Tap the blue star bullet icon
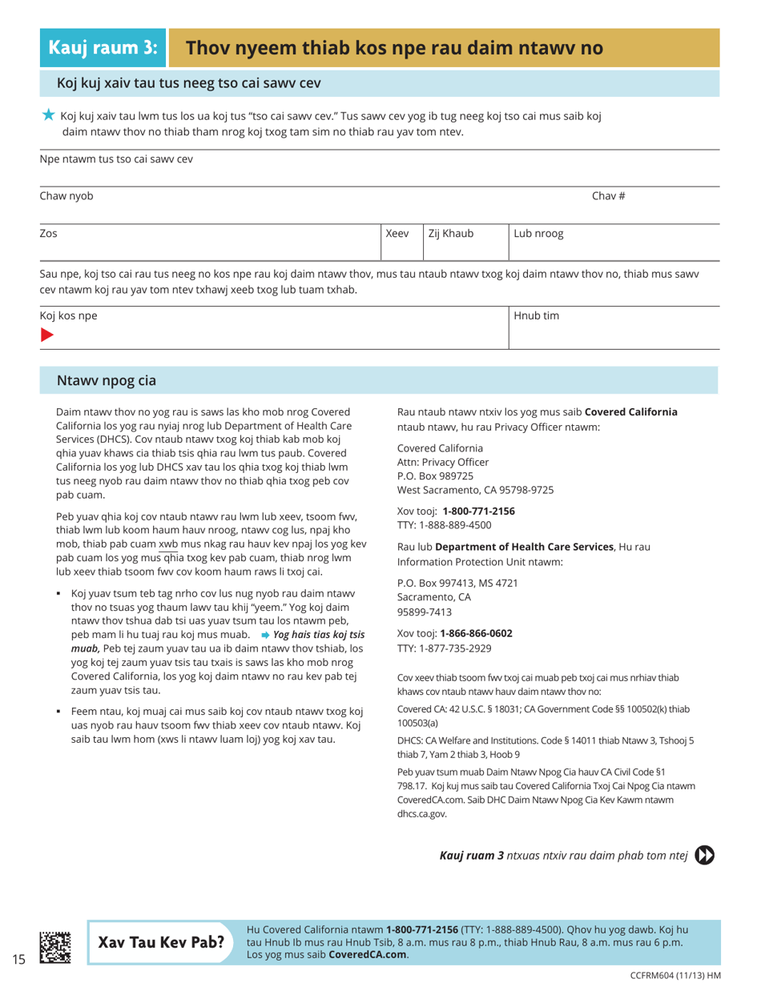click(x=49, y=115)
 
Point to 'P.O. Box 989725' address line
click(x=439, y=475)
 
